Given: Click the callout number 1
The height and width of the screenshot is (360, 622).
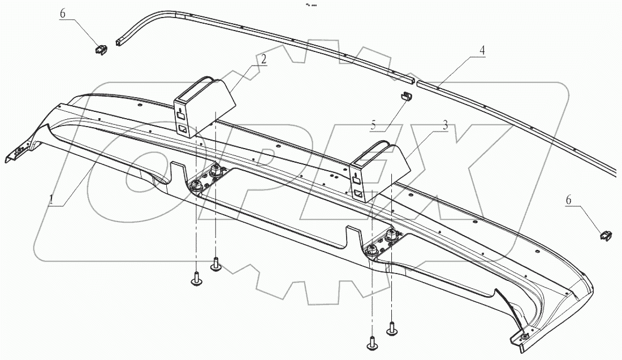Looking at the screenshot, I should coord(51,199).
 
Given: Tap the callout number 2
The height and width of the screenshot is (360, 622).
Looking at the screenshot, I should coord(264,59).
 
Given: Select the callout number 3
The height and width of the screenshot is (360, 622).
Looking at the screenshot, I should coord(445,125).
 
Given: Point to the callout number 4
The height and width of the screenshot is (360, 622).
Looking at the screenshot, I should coord(482,50).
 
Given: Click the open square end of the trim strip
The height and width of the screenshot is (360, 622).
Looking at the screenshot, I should coord(120,42).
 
